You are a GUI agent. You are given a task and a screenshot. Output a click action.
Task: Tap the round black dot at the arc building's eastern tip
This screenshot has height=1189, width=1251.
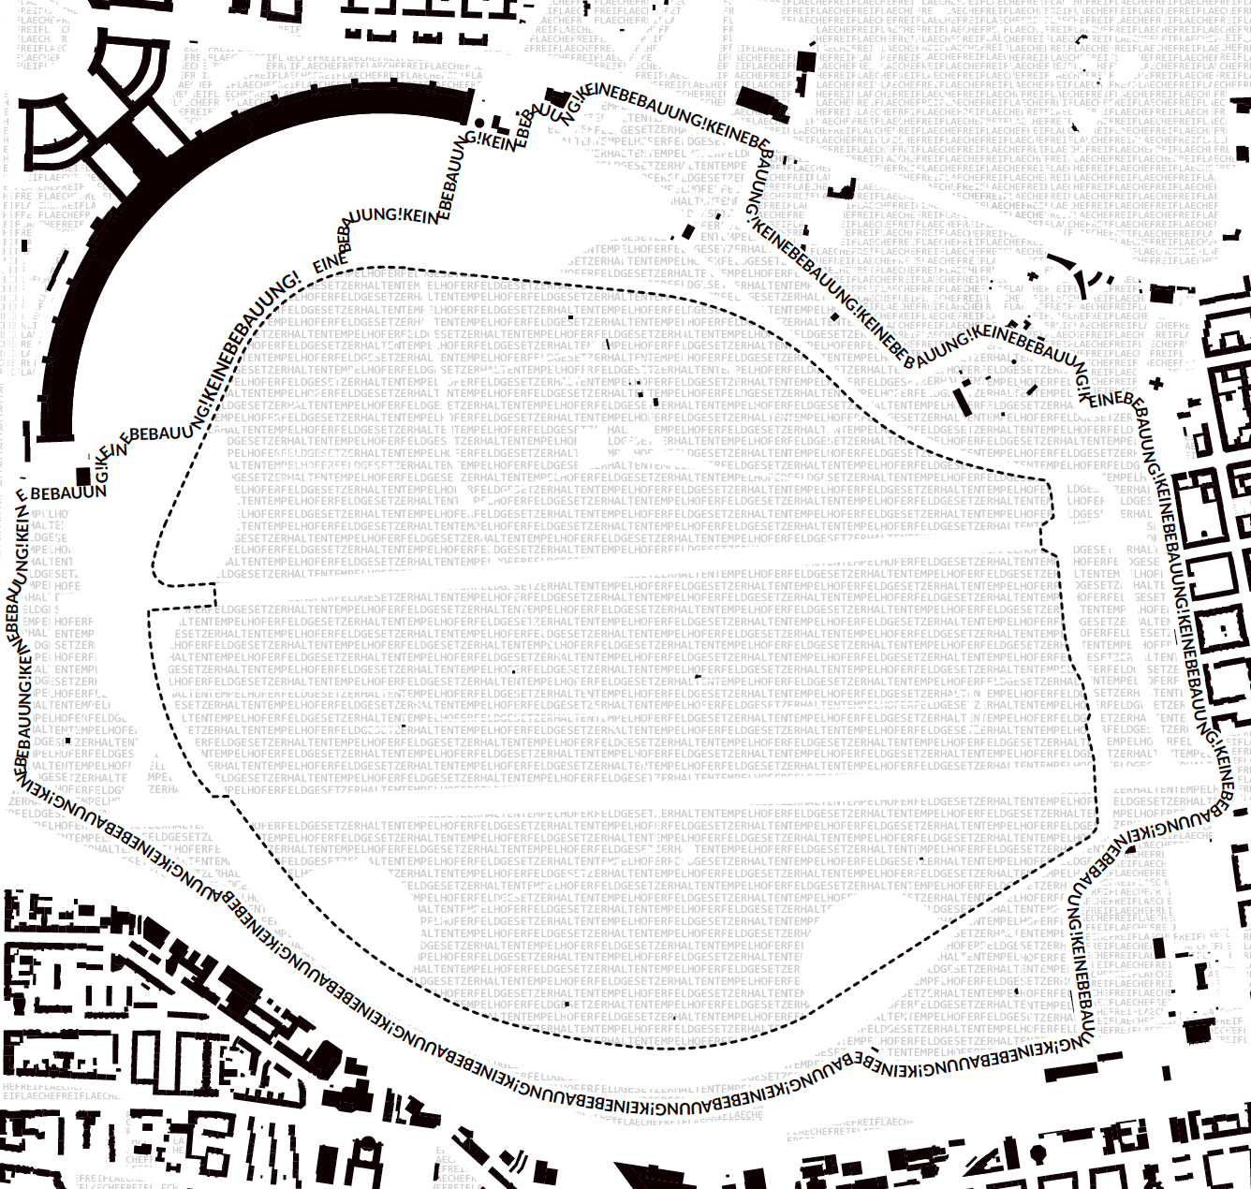pyautogui.click(x=479, y=123)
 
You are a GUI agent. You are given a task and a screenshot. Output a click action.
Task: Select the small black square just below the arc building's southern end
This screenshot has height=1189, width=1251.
pyautogui.click(x=82, y=475)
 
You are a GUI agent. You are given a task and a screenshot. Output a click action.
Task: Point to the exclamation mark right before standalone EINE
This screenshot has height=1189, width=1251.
pyautogui.click(x=295, y=277)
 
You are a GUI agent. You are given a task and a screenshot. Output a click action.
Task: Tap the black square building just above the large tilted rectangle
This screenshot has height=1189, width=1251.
pyautogui.click(x=805, y=62)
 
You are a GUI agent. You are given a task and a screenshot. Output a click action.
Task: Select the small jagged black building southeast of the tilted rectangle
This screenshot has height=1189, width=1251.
pyautogui.click(x=843, y=190)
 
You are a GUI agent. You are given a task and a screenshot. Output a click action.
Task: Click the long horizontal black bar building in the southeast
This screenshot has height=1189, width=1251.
pyautogui.click(x=1070, y=1069)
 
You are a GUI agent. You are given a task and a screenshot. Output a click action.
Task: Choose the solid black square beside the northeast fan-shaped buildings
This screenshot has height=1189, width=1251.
pyautogui.click(x=1162, y=294)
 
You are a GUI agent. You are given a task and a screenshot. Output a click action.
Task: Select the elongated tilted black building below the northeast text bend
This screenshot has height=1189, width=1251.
pyautogui.click(x=961, y=402)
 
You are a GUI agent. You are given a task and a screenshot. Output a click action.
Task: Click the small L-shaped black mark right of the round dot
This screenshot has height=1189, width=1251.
pyautogui.click(x=497, y=125)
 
